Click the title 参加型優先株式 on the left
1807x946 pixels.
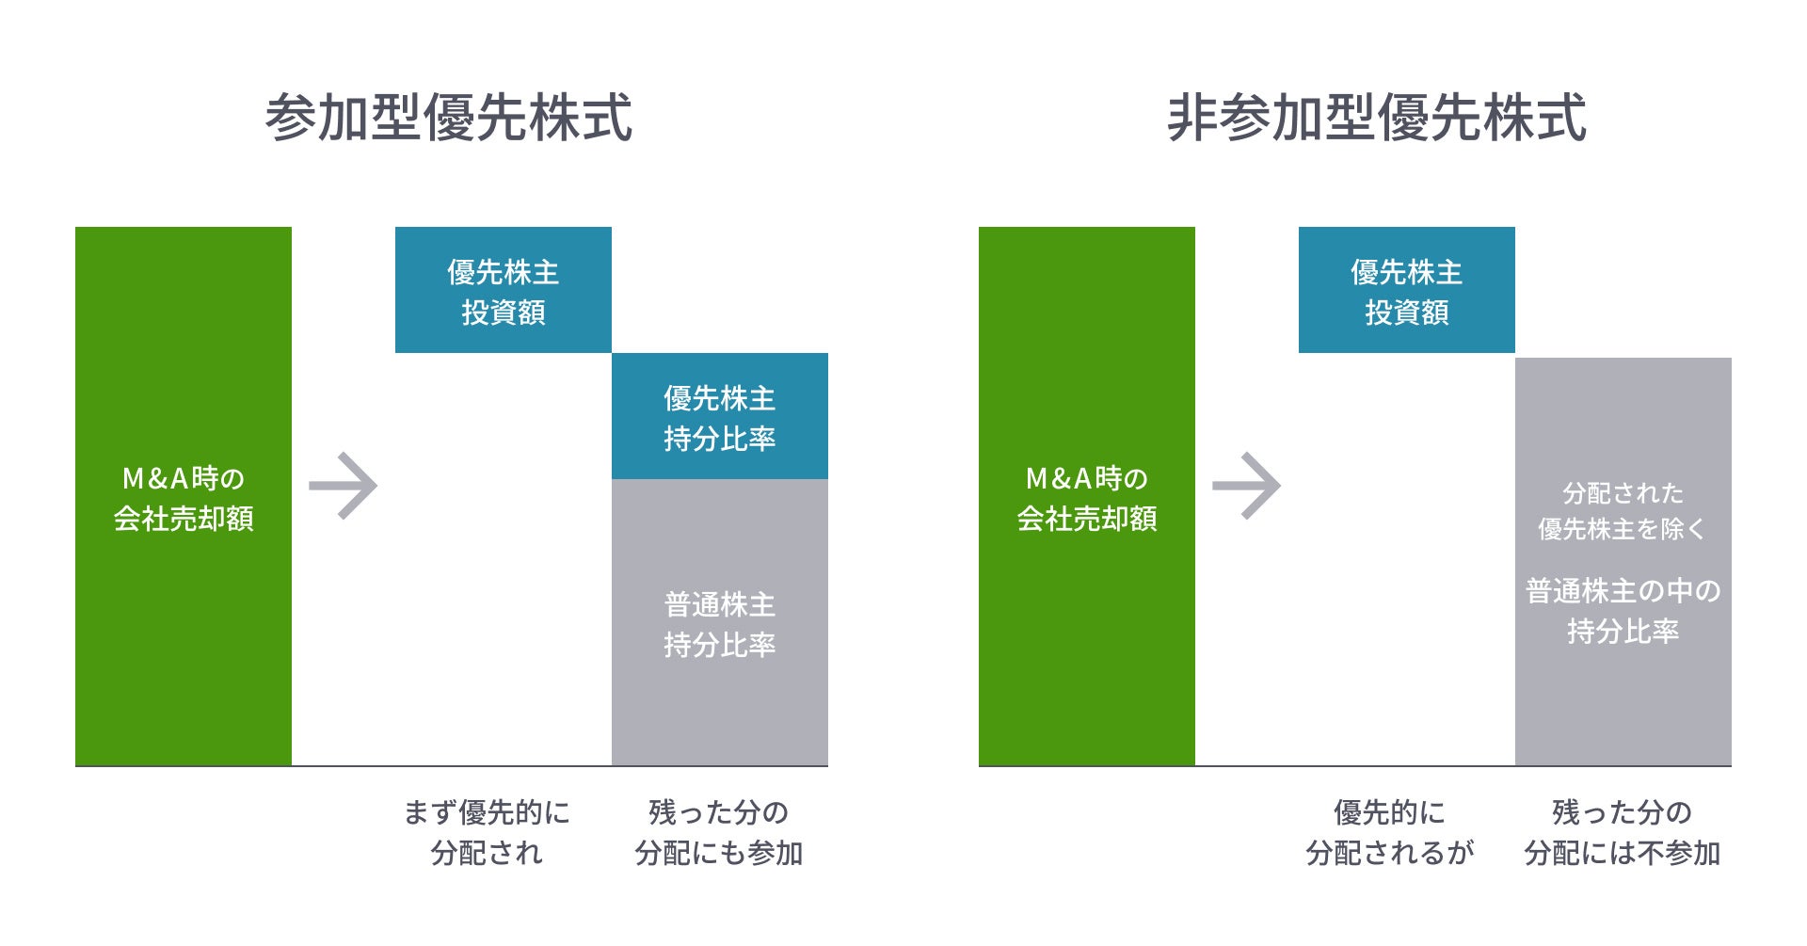tap(448, 118)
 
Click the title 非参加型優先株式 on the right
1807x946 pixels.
tap(1376, 118)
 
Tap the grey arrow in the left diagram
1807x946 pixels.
tap(344, 486)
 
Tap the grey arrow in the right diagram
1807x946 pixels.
tap(1247, 486)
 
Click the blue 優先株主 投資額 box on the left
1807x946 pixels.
tap(504, 291)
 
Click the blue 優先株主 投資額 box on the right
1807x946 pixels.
tap(1407, 291)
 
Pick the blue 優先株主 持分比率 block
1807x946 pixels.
tap(720, 416)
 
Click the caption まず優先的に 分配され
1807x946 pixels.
tap(487, 832)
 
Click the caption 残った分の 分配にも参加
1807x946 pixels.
tap(719, 832)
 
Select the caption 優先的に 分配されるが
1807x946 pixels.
tap(1389, 832)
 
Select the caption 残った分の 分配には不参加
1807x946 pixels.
tap(1623, 832)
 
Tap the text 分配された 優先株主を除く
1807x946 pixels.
tap(1623, 511)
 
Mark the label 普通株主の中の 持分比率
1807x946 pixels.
tap(1623, 611)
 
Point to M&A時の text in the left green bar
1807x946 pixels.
tap(184, 478)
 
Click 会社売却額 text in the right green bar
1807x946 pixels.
tap(1087, 519)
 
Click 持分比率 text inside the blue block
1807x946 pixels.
tap(720, 439)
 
